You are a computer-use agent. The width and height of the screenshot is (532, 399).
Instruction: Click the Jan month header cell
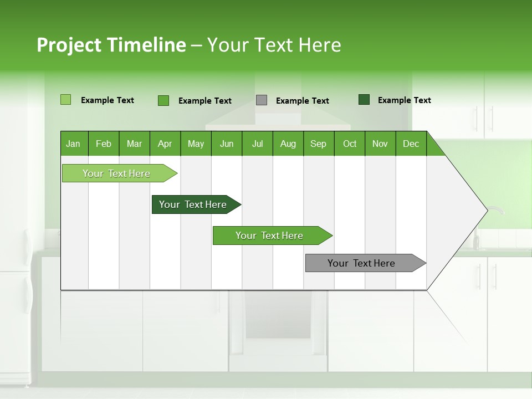pos(74,144)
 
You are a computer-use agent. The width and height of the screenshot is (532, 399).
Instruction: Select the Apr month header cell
pos(165,144)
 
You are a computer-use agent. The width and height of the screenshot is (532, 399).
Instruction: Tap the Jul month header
pos(257,144)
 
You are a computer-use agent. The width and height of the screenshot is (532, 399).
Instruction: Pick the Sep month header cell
pos(319,144)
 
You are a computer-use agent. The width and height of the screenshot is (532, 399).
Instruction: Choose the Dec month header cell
pos(411,144)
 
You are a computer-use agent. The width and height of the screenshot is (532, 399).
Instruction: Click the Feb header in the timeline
pos(104,144)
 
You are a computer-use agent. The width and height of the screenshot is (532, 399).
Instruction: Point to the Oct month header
pos(350,144)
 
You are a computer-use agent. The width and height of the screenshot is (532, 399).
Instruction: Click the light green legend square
pos(65,100)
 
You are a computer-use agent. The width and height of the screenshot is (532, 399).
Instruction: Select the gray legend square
pos(262,100)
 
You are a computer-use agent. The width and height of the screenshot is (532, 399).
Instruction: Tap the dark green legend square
pos(364,100)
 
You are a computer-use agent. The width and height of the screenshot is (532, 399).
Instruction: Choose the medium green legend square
pos(163,100)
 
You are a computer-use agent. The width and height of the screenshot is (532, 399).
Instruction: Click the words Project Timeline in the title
pos(111,45)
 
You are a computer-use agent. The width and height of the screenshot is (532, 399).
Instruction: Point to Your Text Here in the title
pos(274,45)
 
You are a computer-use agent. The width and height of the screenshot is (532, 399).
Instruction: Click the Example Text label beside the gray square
pos(302,101)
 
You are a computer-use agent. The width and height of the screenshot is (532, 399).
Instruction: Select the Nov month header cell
pos(380,144)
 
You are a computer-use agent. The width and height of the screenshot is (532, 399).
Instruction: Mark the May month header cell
pos(196,144)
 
